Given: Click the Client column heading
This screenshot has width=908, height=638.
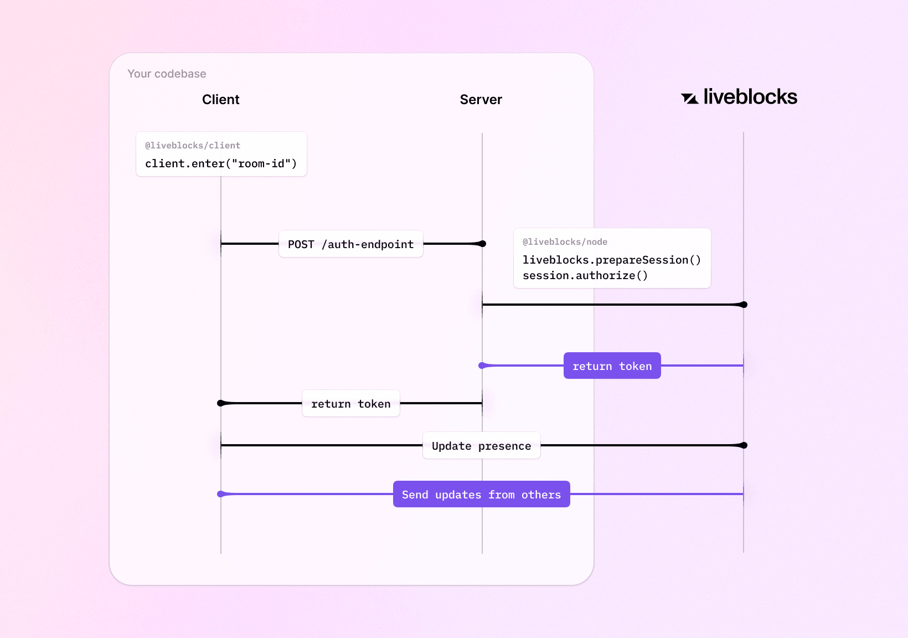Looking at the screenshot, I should (220, 100).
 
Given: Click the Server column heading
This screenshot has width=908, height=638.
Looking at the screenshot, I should (481, 100).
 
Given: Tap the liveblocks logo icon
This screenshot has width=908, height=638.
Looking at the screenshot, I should (689, 99).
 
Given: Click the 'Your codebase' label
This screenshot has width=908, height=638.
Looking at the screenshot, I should (167, 74).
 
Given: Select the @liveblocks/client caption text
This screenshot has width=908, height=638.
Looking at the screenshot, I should (192, 146).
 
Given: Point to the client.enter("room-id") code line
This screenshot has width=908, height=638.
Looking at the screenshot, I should (221, 163).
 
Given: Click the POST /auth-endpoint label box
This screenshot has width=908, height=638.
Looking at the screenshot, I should (350, 244).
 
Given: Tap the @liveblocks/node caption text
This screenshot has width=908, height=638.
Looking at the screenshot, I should (565, 242).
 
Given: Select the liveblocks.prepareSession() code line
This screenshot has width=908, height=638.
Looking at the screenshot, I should (611, 260).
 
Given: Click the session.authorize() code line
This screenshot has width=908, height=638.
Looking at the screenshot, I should (585, 275).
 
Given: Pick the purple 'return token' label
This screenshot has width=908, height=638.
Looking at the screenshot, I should (612, 366).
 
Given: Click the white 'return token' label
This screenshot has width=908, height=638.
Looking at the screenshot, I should (350, 404).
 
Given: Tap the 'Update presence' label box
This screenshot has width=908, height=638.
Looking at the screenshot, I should (481, 446).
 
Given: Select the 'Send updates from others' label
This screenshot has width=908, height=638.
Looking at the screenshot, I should (481, 495).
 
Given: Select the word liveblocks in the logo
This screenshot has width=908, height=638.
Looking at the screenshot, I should (750, 97).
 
